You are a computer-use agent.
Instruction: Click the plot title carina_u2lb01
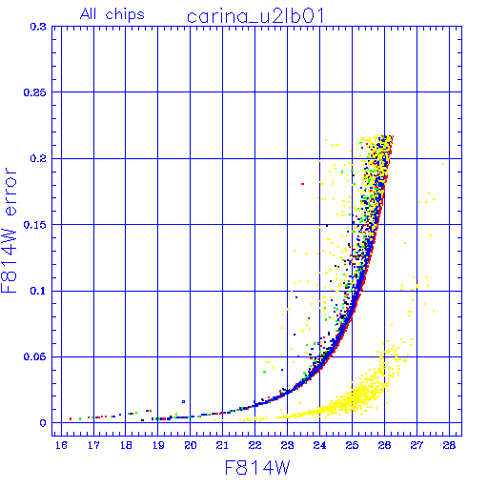(255, 16)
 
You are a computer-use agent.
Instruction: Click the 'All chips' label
(112, 14)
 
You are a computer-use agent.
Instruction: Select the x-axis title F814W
(257, 468)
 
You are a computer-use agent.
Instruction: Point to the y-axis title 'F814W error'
(10, 230)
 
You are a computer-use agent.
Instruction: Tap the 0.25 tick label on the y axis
(34, 92)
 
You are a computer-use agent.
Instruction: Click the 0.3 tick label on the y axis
(38, 27)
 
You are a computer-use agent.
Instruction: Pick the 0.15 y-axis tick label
(34, 225)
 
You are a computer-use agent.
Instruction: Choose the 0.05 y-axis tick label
(34, 356)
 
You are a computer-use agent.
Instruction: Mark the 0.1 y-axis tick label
(38, 291)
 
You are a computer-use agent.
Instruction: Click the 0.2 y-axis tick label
(38, 158)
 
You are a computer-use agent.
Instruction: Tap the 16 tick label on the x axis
(61, 445)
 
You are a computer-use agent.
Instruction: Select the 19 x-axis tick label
(158, 445)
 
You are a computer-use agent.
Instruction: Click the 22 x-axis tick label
(254, 445)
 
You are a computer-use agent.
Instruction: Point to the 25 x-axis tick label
(352, 445)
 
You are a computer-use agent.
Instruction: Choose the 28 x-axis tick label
(449, 445)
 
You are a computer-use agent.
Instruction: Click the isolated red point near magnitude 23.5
(302, 184)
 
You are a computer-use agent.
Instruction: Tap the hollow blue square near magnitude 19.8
(183, 401)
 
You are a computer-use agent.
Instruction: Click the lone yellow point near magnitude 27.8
(443, 164)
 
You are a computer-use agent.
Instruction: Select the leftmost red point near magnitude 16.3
(71, 418)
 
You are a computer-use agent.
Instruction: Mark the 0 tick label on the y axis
(43, 423)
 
